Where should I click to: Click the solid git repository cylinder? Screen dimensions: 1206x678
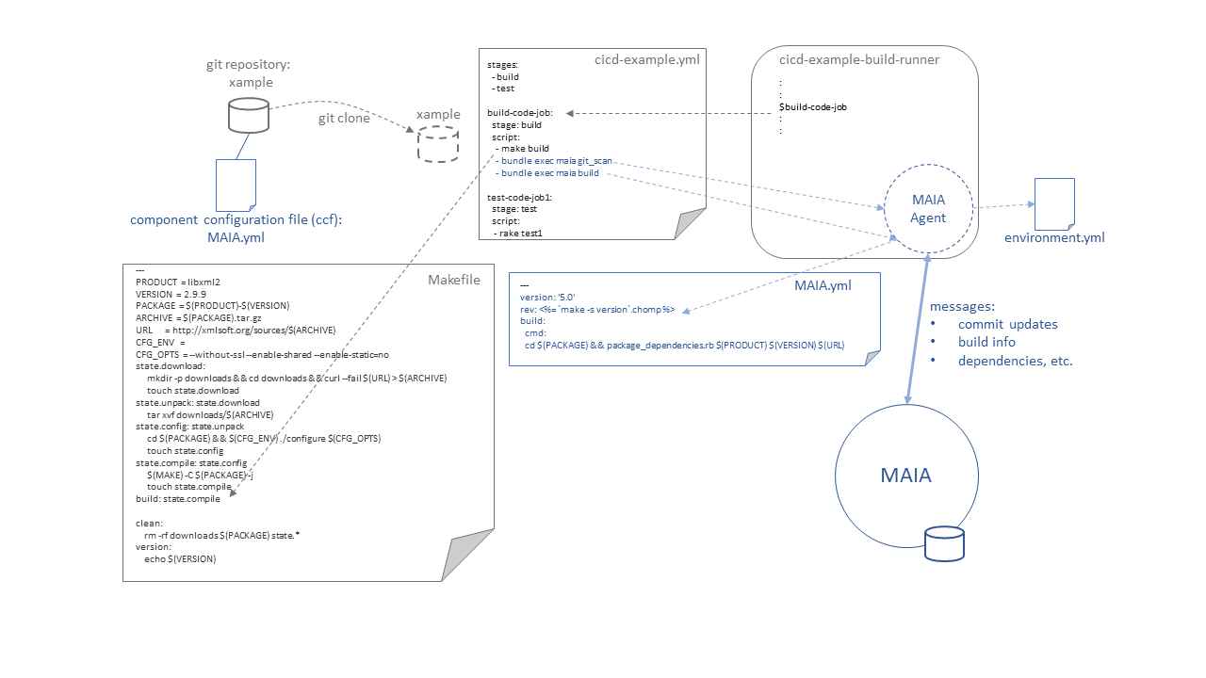coord(248,115)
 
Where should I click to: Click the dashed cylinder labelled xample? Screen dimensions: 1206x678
coord(438,144)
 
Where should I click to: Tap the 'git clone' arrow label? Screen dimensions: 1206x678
coord(344,119)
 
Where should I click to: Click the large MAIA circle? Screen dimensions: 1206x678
coord(836,476)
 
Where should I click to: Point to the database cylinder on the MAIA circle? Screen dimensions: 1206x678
coord(944,544)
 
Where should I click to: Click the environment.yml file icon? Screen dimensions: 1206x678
coord(1054,204)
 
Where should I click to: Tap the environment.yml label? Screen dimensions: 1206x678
coord(1054,238)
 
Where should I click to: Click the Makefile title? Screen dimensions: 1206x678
coord(454,280)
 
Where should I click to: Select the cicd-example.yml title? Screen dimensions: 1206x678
coord(646,59)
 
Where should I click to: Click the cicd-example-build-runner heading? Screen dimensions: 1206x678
coord(858,59)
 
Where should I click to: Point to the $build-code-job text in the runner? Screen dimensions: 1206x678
coord(813,107)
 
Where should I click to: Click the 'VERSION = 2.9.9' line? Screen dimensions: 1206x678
coord(171,295)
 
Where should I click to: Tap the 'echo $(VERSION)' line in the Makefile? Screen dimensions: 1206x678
coord(180,559)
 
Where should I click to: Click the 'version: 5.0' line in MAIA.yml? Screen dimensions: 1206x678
coord(547,297)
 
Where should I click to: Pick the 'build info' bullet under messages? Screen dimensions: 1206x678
coord(986,342)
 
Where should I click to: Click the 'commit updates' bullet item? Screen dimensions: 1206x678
coord(1007,325)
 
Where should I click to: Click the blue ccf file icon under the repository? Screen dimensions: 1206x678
coord(236,186)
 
